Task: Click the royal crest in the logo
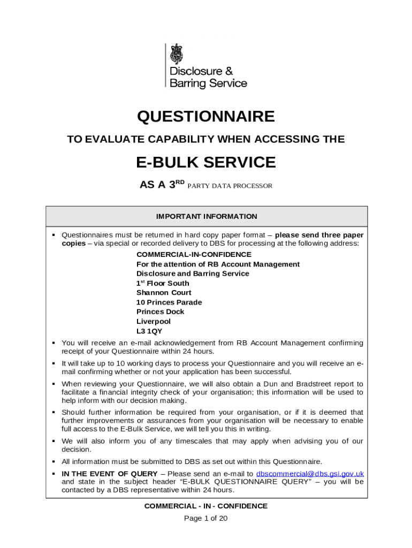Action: tap(177, 54)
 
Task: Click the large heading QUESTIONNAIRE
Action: tap(206, 117)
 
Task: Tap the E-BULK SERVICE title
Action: tap(206, 162)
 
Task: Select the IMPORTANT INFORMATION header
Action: tap(207, 217)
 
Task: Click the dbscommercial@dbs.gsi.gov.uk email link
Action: tap(310, 474)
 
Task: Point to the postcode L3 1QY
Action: tap(149, 331)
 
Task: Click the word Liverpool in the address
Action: tap(154, 322)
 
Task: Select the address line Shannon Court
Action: tap(164, 293)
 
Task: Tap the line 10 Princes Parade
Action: tap(169, 302)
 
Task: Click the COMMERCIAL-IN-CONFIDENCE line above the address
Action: tap(194, 255)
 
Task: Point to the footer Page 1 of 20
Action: tap(206, 518)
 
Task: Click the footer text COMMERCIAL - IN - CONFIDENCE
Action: tap(206, 506)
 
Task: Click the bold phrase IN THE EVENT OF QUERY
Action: tap(110, 474)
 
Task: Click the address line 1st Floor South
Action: tap(163, 283)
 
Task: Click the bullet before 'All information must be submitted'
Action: tap(54, 462)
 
